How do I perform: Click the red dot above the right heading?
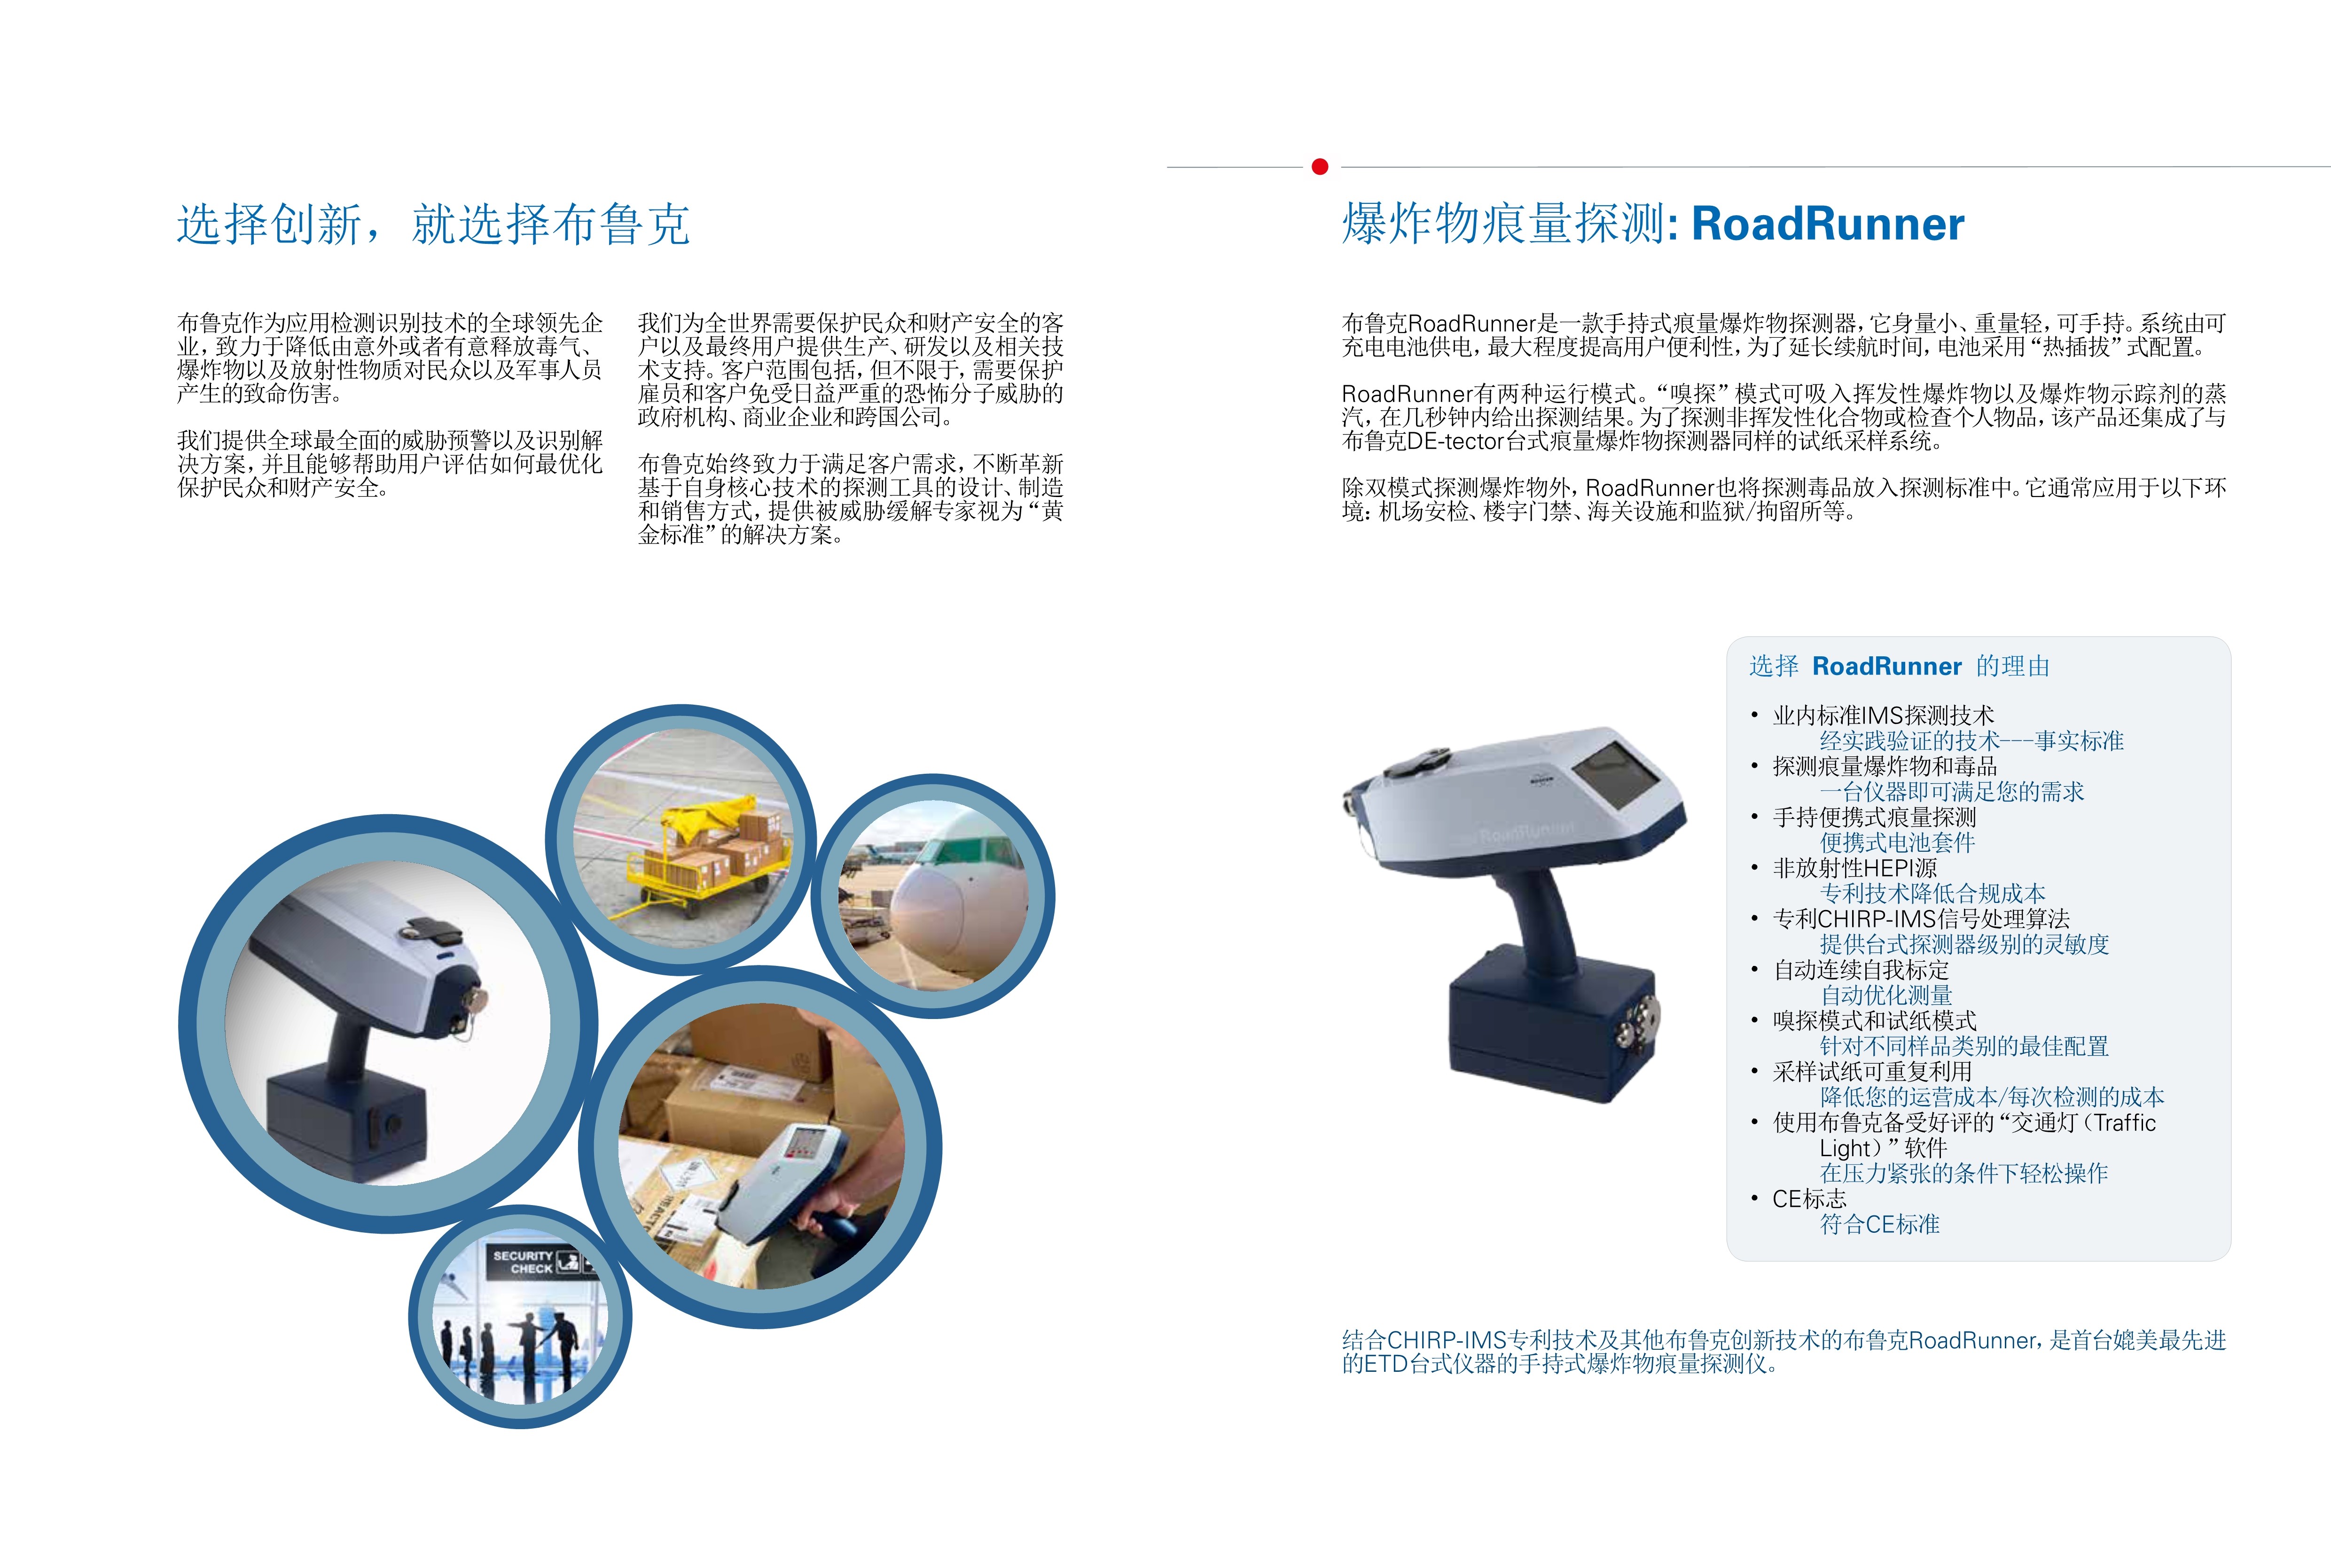coord(1320,167)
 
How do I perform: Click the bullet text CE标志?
coord(1809,1198)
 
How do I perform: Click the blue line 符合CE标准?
coord(1880,1224)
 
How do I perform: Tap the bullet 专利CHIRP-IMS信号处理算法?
coord(1921,919)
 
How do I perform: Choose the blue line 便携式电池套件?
coord(1898,842)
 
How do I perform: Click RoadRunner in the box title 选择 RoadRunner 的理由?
coord(1887,666)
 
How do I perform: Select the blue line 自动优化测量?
coord(1886,995)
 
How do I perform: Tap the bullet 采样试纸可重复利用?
coord(1872,1071)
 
